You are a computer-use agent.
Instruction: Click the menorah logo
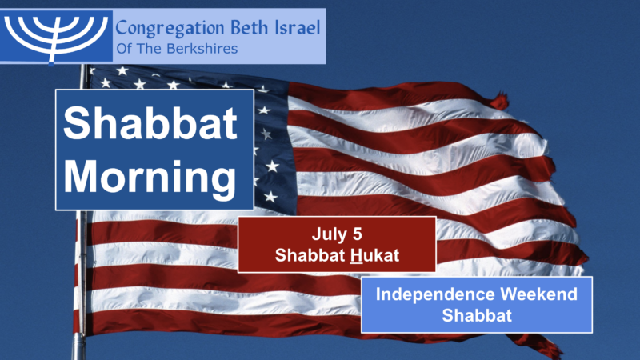57,35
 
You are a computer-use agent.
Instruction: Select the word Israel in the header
294,30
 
